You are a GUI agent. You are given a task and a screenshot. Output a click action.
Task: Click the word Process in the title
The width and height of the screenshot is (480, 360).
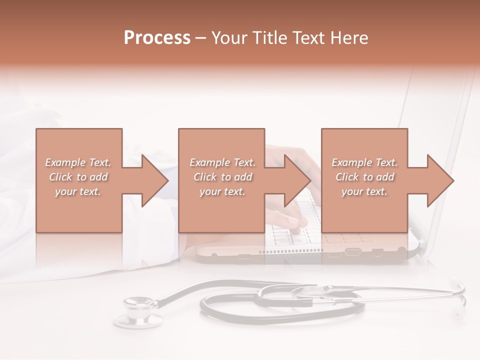pos(157,38)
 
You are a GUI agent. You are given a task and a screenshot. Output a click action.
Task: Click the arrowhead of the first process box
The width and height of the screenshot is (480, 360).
pos(155,180)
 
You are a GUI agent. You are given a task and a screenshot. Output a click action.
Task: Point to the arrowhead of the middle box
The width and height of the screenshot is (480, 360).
pos(298,180)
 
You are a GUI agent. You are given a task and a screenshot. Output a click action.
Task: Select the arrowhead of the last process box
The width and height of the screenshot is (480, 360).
pos(440,180)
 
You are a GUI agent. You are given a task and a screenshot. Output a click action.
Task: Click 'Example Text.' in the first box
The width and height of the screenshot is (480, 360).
pos(78,162)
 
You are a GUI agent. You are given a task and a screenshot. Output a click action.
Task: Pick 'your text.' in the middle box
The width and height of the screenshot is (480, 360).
pos(222,191)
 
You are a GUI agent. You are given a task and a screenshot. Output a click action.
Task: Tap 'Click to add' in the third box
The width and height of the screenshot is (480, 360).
pos(365,177)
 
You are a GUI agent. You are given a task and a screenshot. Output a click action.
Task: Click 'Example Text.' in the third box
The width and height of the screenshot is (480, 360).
pos(365,162)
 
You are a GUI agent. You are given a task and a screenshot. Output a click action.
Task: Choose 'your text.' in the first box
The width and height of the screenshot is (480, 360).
pos(78,191)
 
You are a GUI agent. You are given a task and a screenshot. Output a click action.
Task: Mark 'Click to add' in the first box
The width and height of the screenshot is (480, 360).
pos(78,177)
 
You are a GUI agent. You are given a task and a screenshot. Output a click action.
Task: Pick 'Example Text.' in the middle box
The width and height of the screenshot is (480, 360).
pos(222,162)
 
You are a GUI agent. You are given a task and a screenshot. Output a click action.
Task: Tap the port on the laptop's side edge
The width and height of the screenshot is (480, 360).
pos(352,252)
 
